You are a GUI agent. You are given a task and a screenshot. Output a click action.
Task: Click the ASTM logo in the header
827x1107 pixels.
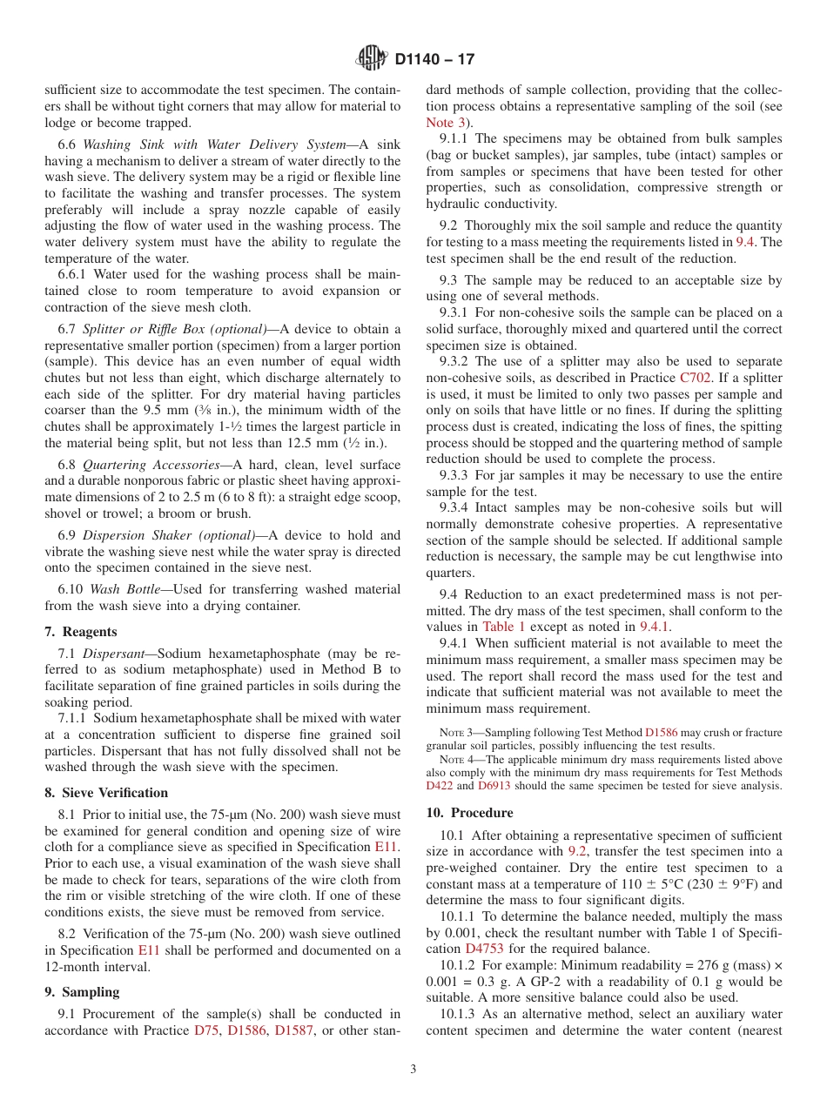[x=373, y=59]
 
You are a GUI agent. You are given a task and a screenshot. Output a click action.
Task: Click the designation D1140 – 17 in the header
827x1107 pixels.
[x=434, y=60]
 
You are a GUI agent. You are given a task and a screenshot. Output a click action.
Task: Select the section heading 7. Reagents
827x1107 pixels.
[x=80, y=632]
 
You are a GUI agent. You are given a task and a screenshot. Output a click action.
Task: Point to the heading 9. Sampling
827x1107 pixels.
[x=82, y=992]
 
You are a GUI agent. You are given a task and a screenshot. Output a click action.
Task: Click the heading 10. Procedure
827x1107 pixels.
[x=469, y=813]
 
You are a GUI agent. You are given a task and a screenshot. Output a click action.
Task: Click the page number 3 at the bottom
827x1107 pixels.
[x=413, y=1070]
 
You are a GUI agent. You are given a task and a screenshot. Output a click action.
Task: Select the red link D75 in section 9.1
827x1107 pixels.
[x=206, y=1030]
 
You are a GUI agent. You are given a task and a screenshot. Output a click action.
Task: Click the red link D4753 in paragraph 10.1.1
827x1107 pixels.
[x=484, y=949]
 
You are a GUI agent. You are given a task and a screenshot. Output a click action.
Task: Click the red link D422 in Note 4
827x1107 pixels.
[x=440, y=785]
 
